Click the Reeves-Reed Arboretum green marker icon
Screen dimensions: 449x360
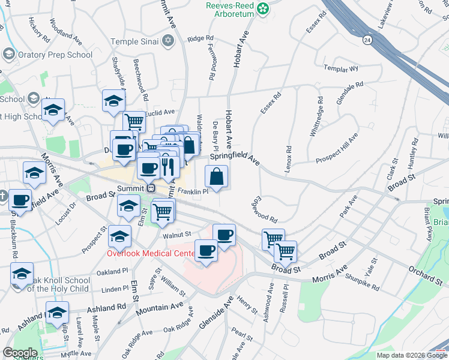(x=262, y=8)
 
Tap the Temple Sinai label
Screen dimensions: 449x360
(x=134, y=41)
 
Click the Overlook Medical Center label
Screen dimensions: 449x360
(x=150, y=253)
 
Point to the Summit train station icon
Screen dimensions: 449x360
(x=151, y=188)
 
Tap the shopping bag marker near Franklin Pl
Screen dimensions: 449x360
(x=216, y=178)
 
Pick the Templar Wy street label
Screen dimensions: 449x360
(x=340, y=69)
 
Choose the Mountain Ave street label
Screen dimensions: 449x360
(x=159, y=307)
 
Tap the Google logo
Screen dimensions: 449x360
(x=20, y=353)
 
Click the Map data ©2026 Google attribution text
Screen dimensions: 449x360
(x=412, y=355)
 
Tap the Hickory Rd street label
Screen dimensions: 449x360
(x=40, y=29)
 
